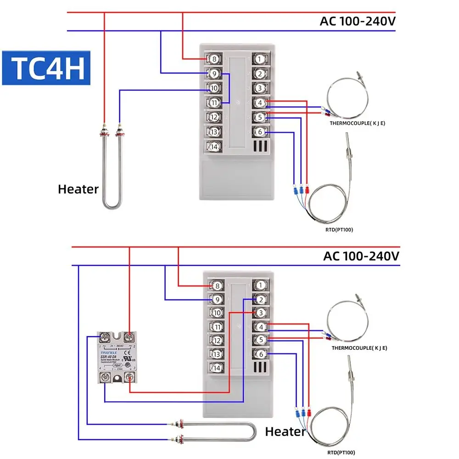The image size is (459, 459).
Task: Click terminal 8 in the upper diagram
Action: point(213,59)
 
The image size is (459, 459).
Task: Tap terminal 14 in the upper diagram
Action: point(213,147)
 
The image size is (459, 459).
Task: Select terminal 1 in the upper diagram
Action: point(260,59)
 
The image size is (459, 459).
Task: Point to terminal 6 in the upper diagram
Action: point(260,132)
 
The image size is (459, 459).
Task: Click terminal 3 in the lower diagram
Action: point(261,313)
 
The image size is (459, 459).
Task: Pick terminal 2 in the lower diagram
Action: point(261,299)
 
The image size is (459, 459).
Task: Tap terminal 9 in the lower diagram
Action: point(217,300)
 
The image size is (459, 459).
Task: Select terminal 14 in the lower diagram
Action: point(217,368)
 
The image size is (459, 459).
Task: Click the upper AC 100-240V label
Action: point(358,21)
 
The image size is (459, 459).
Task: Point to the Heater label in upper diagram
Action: point(78,189)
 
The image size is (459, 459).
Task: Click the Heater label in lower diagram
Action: point(285,431)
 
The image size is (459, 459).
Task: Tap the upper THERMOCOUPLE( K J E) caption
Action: point(357,123)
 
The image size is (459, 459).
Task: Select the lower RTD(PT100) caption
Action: point(341,453)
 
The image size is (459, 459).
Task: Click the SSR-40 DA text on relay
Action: point(110,357)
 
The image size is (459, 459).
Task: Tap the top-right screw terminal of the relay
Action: point(129,337)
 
